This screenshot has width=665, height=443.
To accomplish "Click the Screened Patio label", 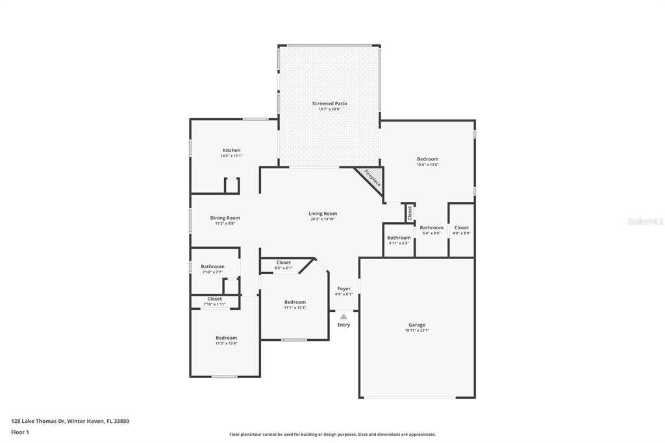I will click(329, 103).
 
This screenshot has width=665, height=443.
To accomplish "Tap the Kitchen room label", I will click(231, 150).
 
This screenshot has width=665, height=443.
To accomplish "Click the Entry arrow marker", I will click(344, 316).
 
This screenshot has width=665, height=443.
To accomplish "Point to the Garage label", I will click(416, 325).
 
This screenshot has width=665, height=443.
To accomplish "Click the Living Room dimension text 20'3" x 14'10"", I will click(323, 220).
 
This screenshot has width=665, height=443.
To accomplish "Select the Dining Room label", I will click(225, 218).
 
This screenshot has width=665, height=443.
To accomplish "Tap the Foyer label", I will click(344, 288).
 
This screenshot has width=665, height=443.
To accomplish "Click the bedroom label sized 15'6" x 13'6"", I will click(427, 158).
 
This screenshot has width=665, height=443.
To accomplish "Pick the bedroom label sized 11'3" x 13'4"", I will click(226, 337).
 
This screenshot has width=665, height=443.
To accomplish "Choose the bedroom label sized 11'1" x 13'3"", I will click(294, 302).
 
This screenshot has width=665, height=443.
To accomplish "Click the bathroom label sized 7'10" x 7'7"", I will click(212, 266).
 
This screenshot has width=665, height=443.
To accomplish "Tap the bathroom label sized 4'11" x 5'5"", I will click(399, 238).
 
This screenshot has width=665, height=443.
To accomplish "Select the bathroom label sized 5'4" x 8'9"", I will click(431, 227).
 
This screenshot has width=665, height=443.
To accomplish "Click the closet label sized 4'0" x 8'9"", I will click(461, 227).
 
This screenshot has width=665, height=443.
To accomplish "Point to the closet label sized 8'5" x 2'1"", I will click(283, 262).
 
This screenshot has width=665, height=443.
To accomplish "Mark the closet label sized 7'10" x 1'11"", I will click(214, 299).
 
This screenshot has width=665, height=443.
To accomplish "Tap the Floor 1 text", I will click(19, 432).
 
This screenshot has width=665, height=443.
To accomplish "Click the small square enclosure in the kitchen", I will click(231, 185).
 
